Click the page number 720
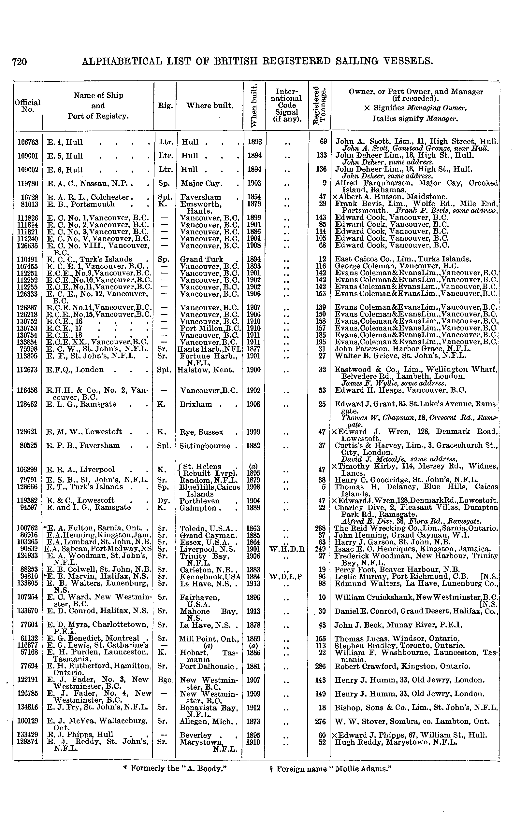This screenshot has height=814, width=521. pos(19,62)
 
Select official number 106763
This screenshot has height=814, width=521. pos(28,142)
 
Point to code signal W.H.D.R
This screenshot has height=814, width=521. pos(287,549)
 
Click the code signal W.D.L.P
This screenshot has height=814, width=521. pos(287,577)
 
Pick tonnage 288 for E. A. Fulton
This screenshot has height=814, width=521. pos(320,528)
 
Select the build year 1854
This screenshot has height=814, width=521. pos(254,197)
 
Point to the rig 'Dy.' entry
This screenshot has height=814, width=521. pos(162,501)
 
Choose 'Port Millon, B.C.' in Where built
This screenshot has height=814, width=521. pos(210,328)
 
